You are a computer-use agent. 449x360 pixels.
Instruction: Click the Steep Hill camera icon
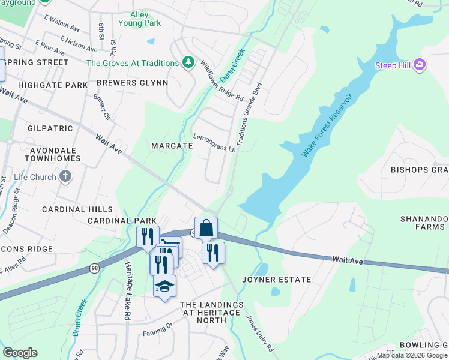click(420, 65)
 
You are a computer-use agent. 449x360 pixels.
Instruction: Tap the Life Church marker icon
click(65, 177)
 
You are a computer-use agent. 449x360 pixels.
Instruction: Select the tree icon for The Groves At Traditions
click(188, 62)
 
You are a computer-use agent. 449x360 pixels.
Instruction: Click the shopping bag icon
click(206, 228)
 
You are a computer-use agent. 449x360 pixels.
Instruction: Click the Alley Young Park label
click(144, 19)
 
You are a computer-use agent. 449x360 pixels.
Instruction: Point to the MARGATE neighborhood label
click(172, 146)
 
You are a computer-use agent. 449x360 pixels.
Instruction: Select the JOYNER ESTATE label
click(276, 280)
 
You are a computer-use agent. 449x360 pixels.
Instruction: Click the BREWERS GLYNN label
click(132, 83)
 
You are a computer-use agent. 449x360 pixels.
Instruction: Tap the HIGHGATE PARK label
click(53, 85)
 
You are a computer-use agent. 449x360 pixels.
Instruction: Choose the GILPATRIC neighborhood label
click(50, 128)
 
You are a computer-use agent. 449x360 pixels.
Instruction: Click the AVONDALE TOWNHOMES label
click(53, 154)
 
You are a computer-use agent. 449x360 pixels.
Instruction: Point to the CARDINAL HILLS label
click(77, 209)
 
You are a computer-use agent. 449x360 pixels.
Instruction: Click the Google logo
click(20, 353)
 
